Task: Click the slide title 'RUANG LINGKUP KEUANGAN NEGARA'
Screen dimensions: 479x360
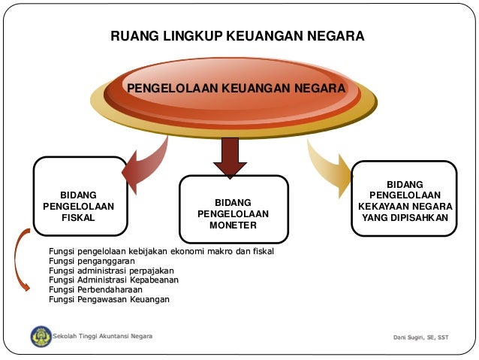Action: [237, 36]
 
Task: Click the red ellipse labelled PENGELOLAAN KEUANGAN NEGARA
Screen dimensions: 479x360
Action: [236, 88]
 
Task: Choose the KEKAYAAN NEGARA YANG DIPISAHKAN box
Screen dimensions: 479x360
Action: [405, 198]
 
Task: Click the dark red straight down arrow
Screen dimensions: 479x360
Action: [230, 156]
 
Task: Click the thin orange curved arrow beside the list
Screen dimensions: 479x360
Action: [21, 264]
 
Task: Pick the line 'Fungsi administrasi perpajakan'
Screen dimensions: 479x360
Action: [111, 271]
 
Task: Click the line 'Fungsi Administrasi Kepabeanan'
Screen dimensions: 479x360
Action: [113, 280]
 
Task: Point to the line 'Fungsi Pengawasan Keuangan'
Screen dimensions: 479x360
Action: [109, 299]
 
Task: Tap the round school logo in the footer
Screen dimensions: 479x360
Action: [41, 336]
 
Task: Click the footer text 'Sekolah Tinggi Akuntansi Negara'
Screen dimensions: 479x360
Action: [102, 337]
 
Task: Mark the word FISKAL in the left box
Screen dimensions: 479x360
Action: [78, 218]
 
